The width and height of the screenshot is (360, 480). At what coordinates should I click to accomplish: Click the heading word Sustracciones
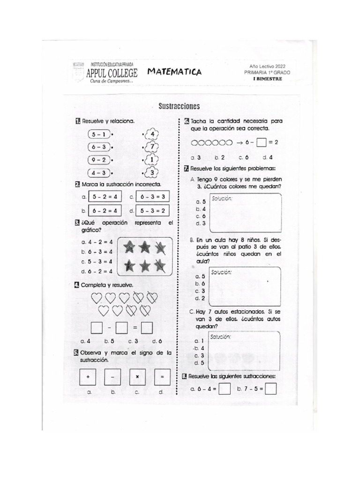click(x=179, y=106)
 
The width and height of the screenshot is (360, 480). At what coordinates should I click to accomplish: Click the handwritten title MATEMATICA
click(x=174, y=72)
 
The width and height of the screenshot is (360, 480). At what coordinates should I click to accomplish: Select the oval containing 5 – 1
click(x=98, y=135)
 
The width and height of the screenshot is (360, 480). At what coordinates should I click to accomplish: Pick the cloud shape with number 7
click(x=152, y=147)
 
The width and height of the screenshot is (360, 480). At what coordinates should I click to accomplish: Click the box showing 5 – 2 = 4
click(x=105, y=197)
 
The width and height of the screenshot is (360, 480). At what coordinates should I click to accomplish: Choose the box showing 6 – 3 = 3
click(x=153, y=197)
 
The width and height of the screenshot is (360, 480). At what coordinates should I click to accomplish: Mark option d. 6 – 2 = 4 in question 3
click(x=97, y=271)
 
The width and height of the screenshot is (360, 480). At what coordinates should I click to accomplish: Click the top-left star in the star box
click(x=129, y=247)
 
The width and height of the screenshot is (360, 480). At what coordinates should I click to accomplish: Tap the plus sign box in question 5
click(x=88, y=377)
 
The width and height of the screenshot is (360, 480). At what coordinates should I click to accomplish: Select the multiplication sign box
click(x=137, y=377)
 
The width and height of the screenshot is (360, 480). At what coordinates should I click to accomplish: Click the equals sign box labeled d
click(x=162, y=377)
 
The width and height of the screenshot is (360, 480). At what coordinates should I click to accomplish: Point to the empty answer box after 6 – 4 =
click(x=224, y=389)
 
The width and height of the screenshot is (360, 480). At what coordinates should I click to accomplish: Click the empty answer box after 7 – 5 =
click(x=270, y=389)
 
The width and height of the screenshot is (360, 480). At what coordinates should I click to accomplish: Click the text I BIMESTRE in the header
click(x=267, y=79)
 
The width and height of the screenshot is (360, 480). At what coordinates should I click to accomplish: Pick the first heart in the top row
click(x=96, y=298)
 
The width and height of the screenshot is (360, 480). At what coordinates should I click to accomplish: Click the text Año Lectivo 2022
click(x=267, y=67)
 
